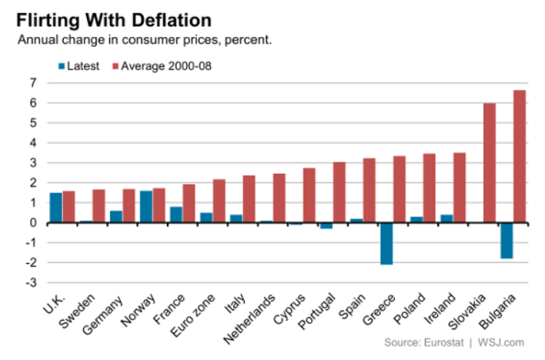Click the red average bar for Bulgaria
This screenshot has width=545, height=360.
(520, 156)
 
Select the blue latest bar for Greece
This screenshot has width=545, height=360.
(386, 243)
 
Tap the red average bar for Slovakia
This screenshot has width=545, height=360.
(490, 163)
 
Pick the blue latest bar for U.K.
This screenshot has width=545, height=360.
(56, 208)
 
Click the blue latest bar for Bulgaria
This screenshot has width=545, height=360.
(507, 240)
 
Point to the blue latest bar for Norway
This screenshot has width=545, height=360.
(146, 207)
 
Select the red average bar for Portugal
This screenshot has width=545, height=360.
(339, 192)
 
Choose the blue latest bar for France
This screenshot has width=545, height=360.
(176, 215)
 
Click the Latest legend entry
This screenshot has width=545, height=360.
(78, 65)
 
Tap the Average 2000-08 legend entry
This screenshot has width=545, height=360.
(164, 65)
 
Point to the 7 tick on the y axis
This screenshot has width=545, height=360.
(33, 83)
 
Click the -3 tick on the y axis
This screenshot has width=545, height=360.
(31, 283)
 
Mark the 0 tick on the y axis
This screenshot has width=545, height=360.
(33, 223)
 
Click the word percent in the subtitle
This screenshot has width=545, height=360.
(248, 39)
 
